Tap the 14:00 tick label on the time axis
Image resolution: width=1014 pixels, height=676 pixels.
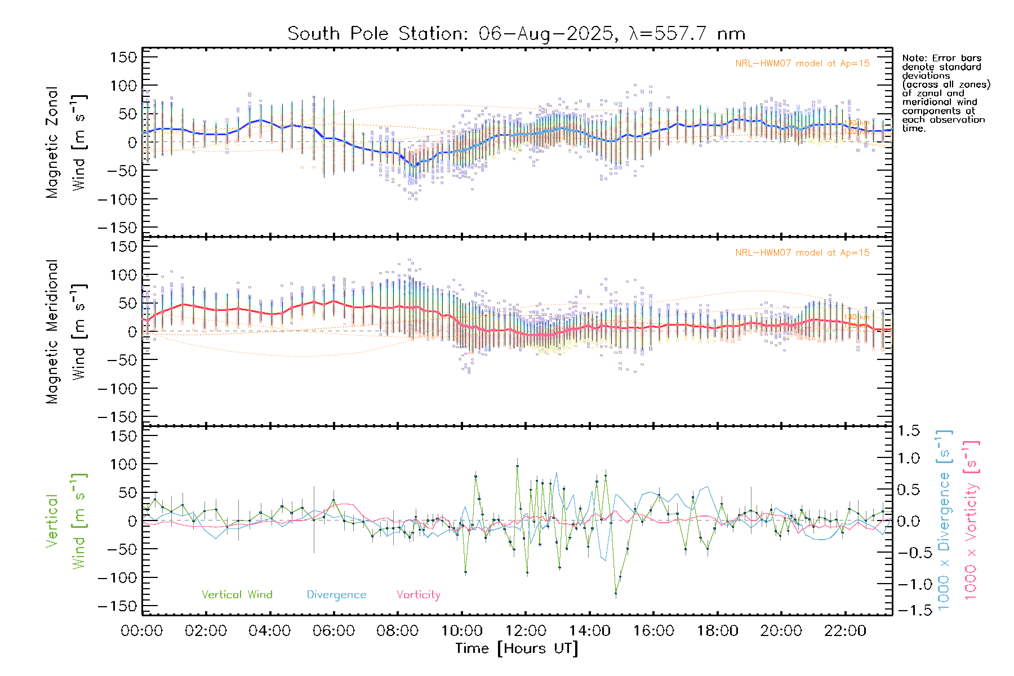click(590, 631)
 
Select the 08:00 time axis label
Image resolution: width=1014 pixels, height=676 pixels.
click(398, 631)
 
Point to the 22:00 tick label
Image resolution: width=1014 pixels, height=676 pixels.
click(845, 631)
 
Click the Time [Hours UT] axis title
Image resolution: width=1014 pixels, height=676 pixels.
click(517, 648)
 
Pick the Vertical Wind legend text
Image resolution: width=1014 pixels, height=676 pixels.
click(237, 595)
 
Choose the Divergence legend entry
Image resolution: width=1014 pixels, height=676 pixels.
click(336, 595)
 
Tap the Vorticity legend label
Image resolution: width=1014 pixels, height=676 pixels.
click(418, 595)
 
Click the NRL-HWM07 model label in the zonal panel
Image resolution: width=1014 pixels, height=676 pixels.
click(802, 64)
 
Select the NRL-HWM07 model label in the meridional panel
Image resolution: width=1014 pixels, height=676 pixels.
click(802, 253)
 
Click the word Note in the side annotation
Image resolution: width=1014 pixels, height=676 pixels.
click(913, 59)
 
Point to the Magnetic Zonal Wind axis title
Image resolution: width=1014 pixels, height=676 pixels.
click(66, 143)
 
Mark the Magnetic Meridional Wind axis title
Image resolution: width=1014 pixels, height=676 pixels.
click(66, 332)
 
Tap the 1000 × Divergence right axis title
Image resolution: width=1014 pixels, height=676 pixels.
click(944, 521)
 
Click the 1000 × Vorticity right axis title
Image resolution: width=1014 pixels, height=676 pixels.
click(971, 521)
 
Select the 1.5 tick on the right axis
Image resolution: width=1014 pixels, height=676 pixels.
click(908, 431)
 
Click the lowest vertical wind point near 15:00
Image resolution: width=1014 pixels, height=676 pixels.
click(616, 593)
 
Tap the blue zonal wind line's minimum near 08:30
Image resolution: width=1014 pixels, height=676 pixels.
click(415, 166)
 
